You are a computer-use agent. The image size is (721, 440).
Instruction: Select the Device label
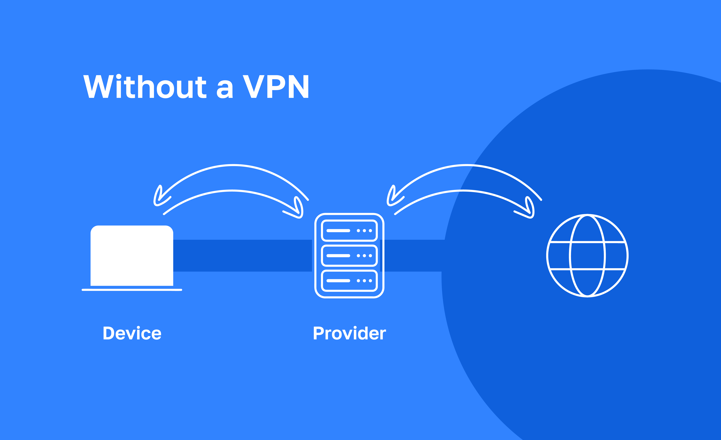(132, 333)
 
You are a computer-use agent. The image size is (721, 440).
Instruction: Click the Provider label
(349, 333)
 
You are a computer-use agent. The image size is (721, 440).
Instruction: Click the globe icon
(587, 256)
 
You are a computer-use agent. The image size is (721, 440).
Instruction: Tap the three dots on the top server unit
(364, 231)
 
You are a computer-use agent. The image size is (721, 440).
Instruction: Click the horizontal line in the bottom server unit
(338, 281)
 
